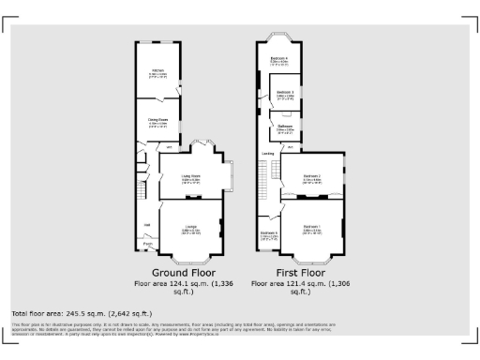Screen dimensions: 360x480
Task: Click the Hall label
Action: [x=147, y=224]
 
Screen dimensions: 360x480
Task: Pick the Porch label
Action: [x=148, y=246]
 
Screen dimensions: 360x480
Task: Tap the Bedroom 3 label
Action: [x=285, y=92]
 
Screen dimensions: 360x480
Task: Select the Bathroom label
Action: [x=285, y=127]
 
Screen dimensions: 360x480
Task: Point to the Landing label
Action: [x=268, y=152]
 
